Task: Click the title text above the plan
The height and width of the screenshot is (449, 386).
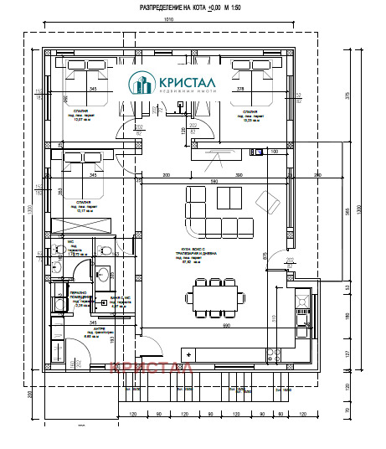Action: pyautogui.click(x=193, y=8)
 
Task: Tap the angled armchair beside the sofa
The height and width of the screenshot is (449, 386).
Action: pyautogui.click(x=270, y=201)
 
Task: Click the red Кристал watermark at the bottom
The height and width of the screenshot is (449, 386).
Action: pyautogui.click(x=151, y=366)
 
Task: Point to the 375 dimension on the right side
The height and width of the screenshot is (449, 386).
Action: pyautogui.click(x=346, y=94)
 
